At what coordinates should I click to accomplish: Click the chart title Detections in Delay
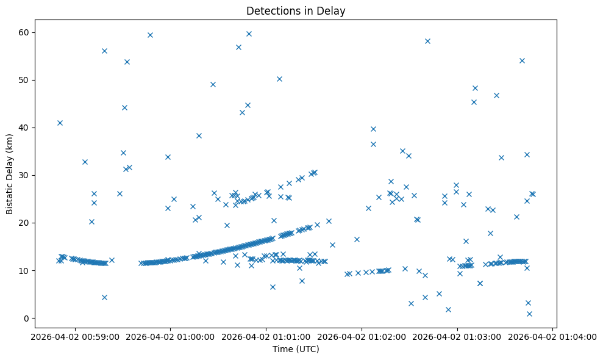(x=295, y=10)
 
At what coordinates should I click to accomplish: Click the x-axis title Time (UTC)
(x=295, y=350)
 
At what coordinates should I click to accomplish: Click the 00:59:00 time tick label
(x=74, y=336)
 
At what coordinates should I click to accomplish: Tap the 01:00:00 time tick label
(x=170, y=336)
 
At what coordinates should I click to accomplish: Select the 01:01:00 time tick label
(x=266, y=336)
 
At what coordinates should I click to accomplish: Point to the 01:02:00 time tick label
(x=362, y=336)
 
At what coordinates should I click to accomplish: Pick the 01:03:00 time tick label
(x=457, y=336)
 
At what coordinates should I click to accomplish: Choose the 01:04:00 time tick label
(x=553, y=336)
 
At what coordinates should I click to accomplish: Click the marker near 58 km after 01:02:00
(x=427, y=41)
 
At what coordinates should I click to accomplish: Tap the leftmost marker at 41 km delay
(x=60, y=123)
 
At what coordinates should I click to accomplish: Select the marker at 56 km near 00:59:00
(x=104, y=51)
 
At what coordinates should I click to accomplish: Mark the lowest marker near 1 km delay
(x=529, y=314)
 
